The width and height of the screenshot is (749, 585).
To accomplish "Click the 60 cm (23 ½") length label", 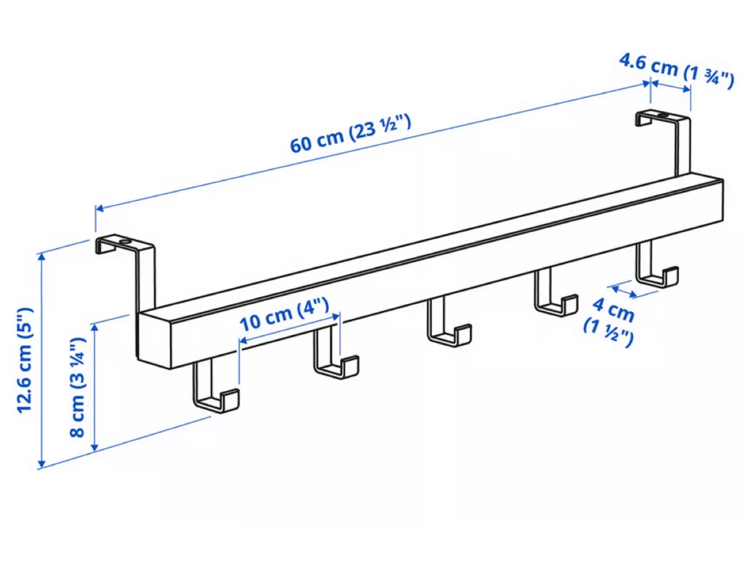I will click(350, 134).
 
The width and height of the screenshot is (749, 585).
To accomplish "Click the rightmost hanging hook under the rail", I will click(655, 267).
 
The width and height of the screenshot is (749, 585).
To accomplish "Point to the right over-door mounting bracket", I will click(671, 135).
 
